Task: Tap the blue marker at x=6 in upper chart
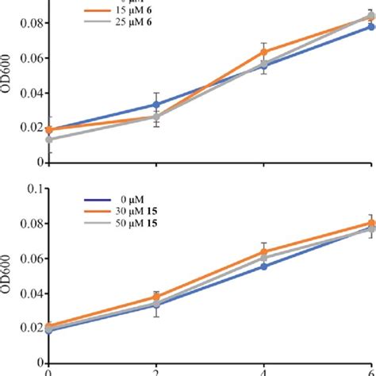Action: coord(370,27)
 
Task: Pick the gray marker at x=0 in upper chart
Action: coord(50,140)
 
